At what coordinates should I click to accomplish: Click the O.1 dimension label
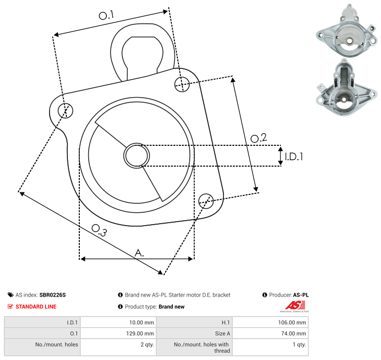click(x=106, y=15)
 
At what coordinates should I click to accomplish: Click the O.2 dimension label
click(x=259, y=138)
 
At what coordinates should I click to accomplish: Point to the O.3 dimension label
click(x=99, y=230)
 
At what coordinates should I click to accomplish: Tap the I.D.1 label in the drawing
click(x=294, y=157)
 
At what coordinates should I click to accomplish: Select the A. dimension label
click(x=139, y=253)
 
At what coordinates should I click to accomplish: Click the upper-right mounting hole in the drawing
click(x=182, y=84)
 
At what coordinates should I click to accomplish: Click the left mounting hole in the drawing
click(x=65, y=111)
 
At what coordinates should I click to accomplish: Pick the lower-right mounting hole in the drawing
click(x=206, y=201)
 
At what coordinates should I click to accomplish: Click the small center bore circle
click(x=137, y=156)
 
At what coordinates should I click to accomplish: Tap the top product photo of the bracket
click(x=347, y=31)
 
